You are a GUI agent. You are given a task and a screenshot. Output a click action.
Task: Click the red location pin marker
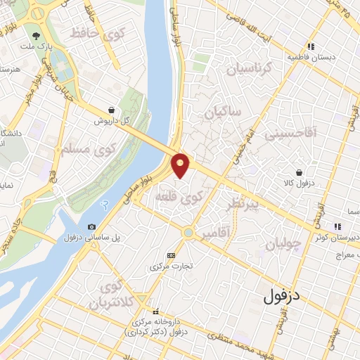(x=181, y=165)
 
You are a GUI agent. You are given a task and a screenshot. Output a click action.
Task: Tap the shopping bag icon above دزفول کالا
(x=300, y=172)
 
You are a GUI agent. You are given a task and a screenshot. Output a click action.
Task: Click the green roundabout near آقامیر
(x=188, y=232)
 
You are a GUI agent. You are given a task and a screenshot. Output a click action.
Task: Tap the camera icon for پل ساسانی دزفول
(x=92, y=226)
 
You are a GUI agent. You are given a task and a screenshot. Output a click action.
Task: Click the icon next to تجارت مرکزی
(x=172, y=255)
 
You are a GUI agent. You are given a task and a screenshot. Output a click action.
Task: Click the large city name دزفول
(x=282, y=297)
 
